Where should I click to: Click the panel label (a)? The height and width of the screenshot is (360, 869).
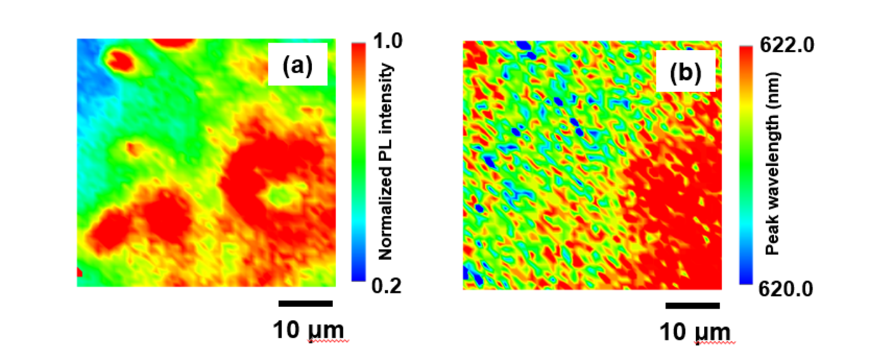coord(298,67)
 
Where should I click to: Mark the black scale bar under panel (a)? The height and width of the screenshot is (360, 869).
coord(306,304)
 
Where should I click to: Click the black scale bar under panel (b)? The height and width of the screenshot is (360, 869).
coord(692,306)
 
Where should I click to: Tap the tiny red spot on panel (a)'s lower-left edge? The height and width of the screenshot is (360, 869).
coord(80,272)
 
